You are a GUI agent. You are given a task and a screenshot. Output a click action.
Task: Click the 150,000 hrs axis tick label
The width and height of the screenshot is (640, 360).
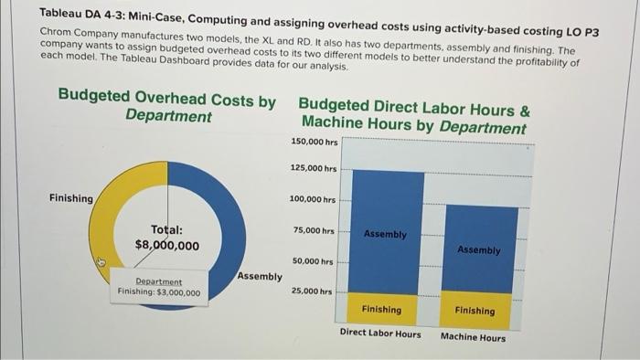pos(315,142)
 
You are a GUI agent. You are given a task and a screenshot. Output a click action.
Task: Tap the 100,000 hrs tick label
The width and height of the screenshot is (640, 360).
pos(313,199)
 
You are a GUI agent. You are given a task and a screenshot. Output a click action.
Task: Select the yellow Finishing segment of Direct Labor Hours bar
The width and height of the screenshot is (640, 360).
pos(381,310)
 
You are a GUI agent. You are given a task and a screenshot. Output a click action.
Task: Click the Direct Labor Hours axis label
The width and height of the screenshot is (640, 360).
pos(380,334)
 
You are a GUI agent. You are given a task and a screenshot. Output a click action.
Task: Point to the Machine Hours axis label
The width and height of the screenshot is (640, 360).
pos(473,337)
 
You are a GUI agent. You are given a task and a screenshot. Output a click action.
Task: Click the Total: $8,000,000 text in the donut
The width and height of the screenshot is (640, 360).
pos(166,238)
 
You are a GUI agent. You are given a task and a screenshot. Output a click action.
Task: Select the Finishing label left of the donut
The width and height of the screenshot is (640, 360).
pos(71,198)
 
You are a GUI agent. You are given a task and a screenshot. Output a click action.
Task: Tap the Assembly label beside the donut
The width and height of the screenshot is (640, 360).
pos(259,275)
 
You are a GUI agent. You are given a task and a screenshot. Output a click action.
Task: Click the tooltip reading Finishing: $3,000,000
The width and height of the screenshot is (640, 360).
pos(159,287)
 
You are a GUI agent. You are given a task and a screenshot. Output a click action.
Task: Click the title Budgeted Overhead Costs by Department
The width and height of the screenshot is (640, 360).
pos(166,106)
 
